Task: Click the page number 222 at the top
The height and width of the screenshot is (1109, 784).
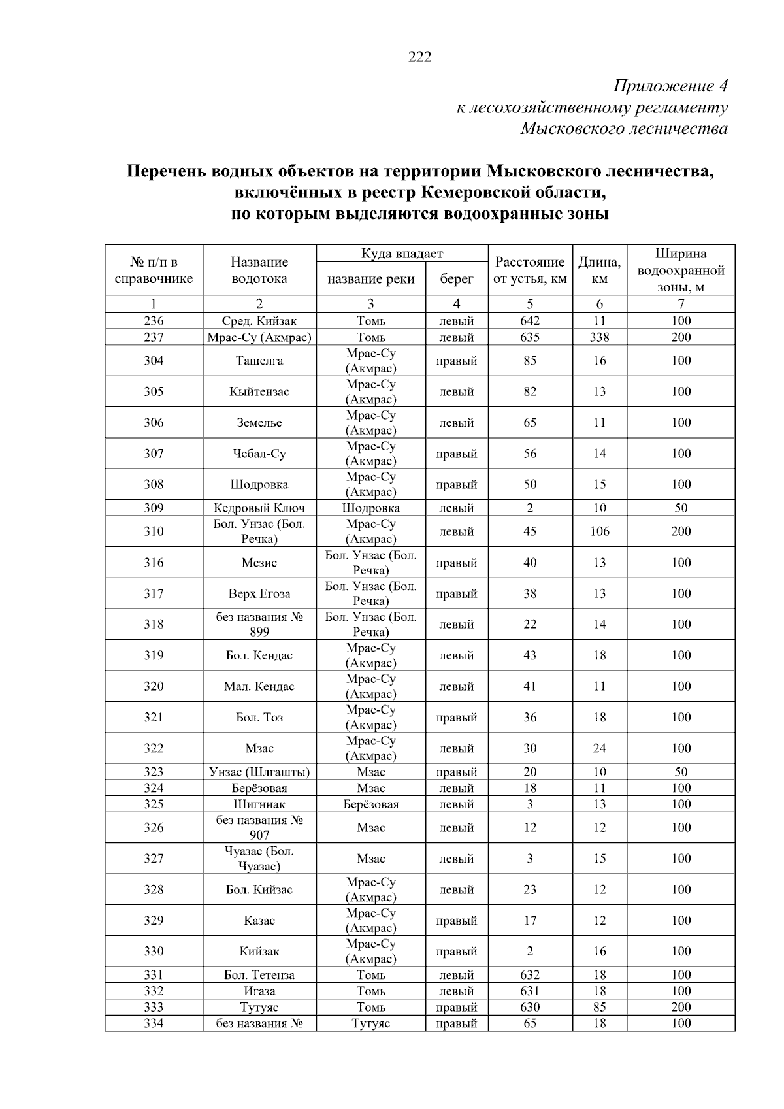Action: (x=419, y=58)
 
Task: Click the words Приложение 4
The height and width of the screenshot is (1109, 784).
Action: (x=670, y=86)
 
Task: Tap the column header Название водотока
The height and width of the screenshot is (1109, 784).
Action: (x=259, y=271)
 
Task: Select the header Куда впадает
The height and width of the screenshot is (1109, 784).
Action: (x=402, y=254)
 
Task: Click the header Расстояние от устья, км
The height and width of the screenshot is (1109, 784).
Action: (x=530, y=271)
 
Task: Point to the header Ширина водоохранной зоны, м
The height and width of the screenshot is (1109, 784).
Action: (x=681, y=271)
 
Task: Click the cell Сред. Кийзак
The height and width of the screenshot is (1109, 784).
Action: (x=259, y=321)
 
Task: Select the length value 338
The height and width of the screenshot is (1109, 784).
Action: (x=599, y=337)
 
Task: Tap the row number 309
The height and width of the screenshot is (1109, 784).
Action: (x=154, y=508)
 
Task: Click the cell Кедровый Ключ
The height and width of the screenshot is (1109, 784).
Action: (x=259, y=508)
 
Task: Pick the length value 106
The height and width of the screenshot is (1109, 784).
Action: (x=599, y=531)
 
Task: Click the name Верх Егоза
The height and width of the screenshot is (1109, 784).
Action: (x=259, y=594)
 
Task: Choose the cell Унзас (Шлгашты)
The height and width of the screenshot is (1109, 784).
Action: (x=259, y=772)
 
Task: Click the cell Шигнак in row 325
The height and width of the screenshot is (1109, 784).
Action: (x=259, y=804)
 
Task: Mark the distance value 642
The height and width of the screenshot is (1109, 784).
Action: (x=530, y=321)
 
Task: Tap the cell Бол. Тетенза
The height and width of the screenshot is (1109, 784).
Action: (x=259, y=975)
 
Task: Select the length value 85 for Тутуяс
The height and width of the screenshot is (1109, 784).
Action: (x=599, y=1007)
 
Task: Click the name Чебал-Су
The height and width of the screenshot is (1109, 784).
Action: (x=259, y=454)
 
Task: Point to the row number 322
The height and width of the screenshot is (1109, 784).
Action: (x=154, y=748)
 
